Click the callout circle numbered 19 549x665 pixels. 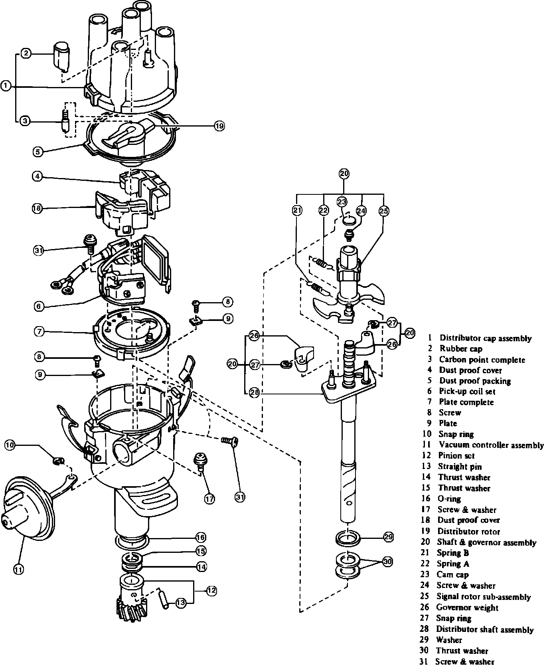coord(219,126)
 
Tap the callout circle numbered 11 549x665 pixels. coord(19,569)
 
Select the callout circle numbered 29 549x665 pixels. coord(388,537)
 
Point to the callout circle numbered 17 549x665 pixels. coord(210,498)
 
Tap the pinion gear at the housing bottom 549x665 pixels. coord(132,598)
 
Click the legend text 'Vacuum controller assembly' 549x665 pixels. coord(491,445)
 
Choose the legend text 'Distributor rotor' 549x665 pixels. coord(469,531)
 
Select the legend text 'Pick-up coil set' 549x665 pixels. coord(467,391)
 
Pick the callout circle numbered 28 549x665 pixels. coord(254,392)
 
